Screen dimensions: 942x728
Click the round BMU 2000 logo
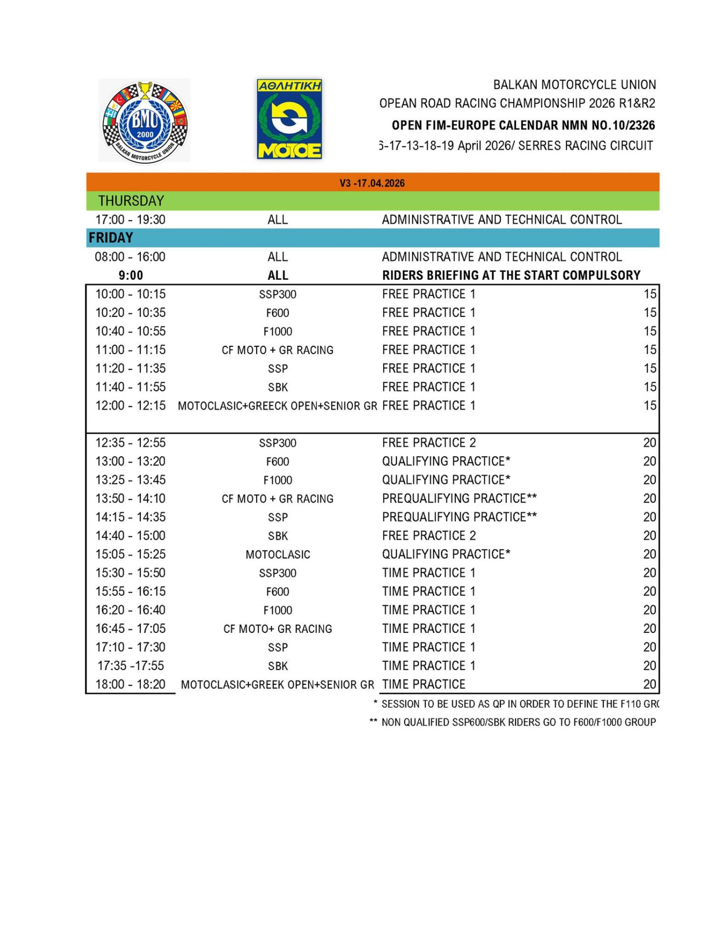144,121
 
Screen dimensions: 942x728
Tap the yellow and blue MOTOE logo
289,119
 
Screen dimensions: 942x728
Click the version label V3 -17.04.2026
372,183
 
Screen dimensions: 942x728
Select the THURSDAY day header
131,201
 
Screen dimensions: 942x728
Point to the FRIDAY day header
111,238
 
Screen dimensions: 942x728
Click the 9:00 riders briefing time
130,275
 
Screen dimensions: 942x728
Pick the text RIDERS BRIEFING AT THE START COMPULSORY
511,275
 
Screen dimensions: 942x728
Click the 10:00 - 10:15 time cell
130,294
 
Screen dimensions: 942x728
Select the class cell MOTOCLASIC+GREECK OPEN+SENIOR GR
277,406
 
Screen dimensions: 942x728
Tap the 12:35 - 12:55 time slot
130,443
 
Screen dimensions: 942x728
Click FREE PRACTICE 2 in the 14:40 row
429,536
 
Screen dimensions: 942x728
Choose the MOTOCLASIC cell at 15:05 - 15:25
278,554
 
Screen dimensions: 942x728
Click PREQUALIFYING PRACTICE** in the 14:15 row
459,517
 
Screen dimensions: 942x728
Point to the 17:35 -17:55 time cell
130,666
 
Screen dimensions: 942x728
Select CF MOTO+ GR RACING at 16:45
278,629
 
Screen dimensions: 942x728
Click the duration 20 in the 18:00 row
649,684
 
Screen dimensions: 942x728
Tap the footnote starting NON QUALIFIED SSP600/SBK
518,722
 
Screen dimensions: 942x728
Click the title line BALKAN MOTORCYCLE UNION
574,85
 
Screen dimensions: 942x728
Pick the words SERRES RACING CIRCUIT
585,146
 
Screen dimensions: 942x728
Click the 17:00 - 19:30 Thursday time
130,219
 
